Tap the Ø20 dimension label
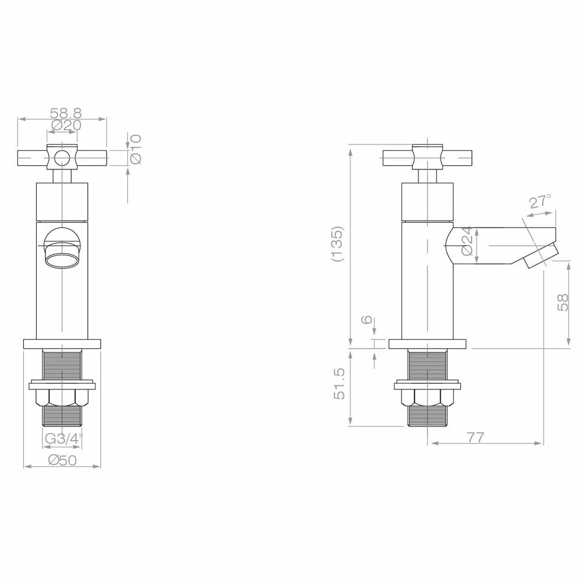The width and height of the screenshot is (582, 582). click(66, 125)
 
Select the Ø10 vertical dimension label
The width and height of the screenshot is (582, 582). click(136, 149)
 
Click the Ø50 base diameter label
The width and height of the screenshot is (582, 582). click(62, 460)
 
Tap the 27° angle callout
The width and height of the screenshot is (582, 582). click(540, 202)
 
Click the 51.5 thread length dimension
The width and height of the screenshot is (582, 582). click(340, 384)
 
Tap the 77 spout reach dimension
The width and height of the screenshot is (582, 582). click(475, 437)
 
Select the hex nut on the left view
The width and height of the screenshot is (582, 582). click(62, 399)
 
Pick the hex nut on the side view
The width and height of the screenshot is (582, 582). click(428, 399)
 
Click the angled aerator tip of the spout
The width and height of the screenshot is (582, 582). click(541, 257)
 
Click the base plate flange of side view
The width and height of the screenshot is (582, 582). click(428, 344)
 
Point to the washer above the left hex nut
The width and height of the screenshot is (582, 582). click(62, 385)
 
